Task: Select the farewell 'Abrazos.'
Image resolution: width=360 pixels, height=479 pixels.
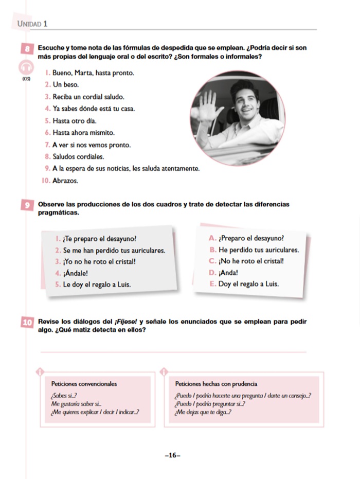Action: [x=65, y=181]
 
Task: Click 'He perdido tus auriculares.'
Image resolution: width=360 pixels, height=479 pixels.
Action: [x=259, y=250]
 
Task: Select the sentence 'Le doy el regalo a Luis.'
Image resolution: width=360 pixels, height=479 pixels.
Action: [x=97, y=285]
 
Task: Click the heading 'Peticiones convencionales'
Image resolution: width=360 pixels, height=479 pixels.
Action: [x=84, y=384]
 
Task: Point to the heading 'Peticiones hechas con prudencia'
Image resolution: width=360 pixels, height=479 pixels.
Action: [x=216, y=384]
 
